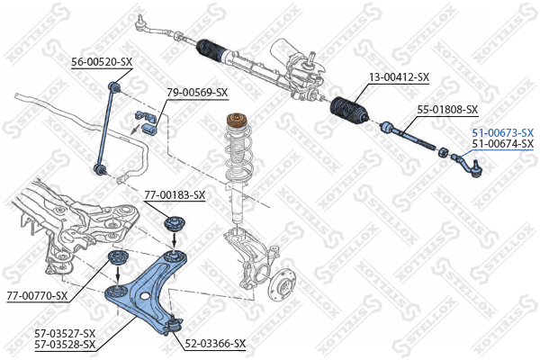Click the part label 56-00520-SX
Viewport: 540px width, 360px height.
(x=102, y=62)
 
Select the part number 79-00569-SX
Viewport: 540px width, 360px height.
(x=197, y=92)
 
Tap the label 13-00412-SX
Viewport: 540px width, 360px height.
(x=399, y=78)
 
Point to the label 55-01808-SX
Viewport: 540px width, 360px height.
(x=446, y=110)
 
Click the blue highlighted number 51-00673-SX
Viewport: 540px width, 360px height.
(x=502, y=132)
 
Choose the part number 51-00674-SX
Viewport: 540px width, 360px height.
(x=502, y=144)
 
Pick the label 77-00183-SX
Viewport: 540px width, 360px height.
(x=175, y=194)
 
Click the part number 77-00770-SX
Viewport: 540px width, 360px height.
(x=37, y=295)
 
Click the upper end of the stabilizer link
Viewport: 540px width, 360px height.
(x=113, y=86)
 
